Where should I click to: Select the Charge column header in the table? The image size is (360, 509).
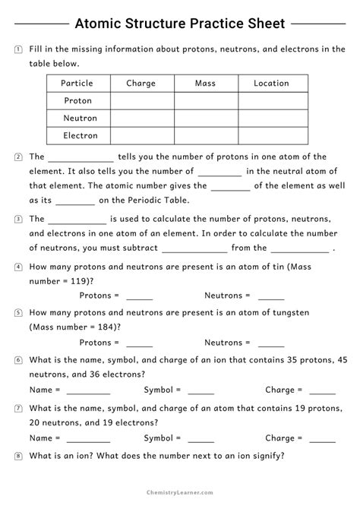(x=141, y=84)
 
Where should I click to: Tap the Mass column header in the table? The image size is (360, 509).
(x=206, y=84)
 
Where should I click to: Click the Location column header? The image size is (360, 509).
(x=271, y=84)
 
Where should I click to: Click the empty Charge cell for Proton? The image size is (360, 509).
(x=142, y=101)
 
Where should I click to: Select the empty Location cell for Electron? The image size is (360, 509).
(x=273, y=136)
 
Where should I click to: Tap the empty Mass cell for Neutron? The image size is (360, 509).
(x=207, y=119)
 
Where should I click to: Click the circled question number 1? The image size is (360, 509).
(x=17, y=49)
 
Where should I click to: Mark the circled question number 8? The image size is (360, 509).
(x=17, y=457)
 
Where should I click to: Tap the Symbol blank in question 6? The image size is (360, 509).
(x=201, y=390)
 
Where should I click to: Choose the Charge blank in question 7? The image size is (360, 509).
(x=322, y=438)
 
